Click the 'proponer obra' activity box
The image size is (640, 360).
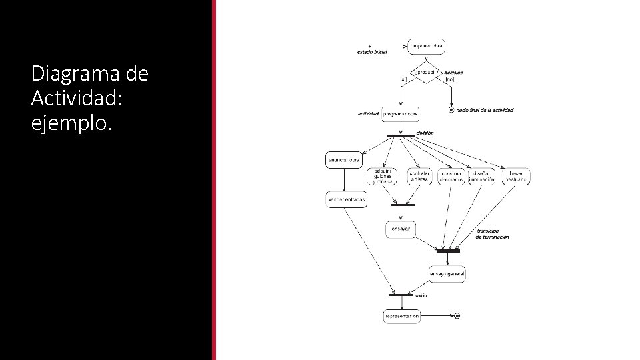pos(425,46)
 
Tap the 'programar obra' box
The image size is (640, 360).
pos(401,113)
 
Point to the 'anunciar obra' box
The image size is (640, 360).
pos(343,160)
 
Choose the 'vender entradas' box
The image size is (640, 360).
pos(346,199)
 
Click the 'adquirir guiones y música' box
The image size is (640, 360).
pos(382,176)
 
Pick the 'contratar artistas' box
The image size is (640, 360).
pos(419,176)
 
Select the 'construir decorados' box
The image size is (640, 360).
pos(451,176)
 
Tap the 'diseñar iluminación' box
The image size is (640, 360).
pos(481,176)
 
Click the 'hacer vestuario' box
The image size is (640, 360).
pos(515,176)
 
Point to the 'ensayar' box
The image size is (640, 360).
pos(401,229)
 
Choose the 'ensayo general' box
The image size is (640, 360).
pos(447,273)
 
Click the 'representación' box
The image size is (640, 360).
pos(402,315)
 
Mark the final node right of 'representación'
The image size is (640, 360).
pos(457,315)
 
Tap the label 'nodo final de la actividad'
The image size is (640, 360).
pos(485,110)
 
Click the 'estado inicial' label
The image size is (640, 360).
pos(371,52)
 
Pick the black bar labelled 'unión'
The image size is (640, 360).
pos(401,295)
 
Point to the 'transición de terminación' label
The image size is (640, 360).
pos(493,234)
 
